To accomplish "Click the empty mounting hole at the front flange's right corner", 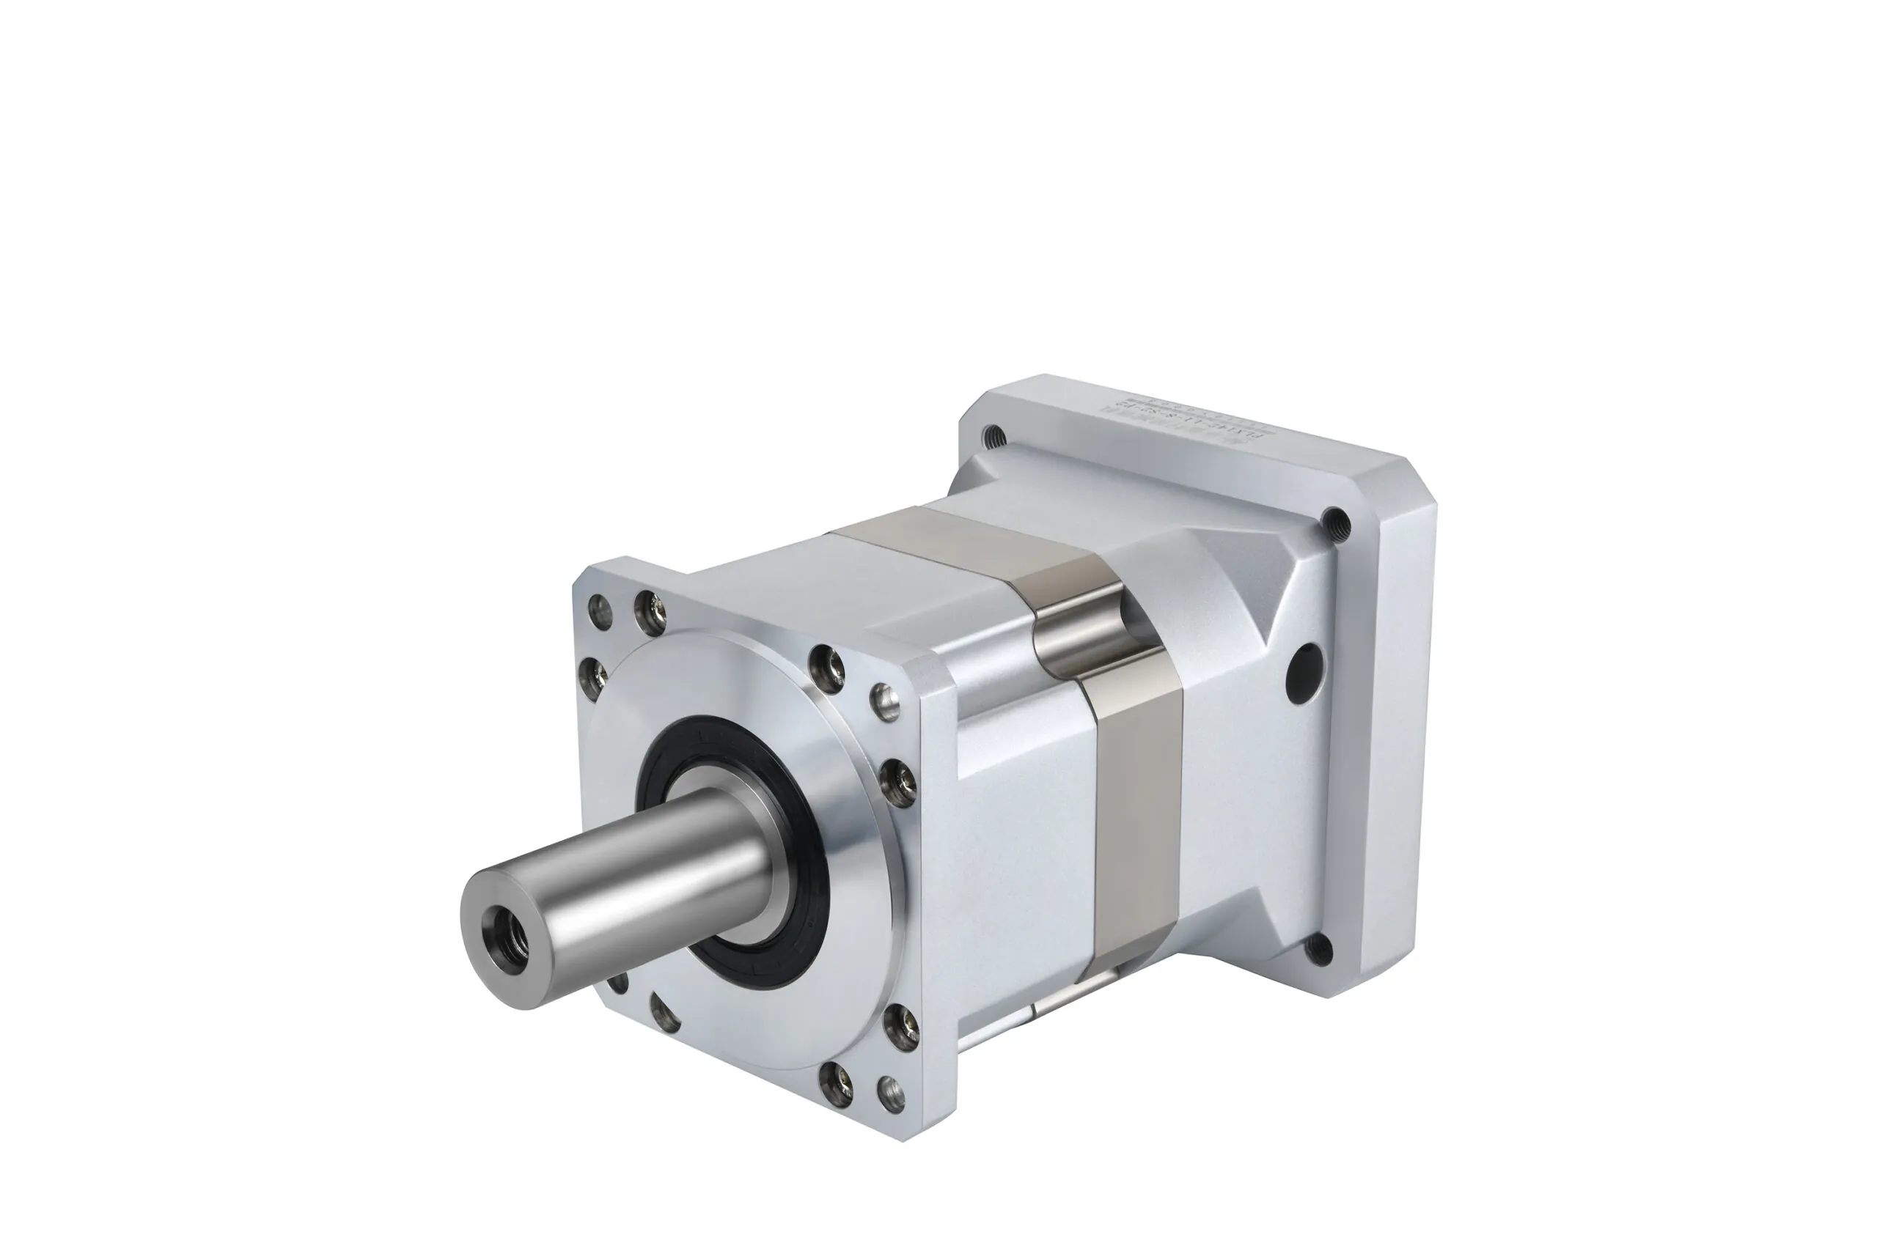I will [884, 699].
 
